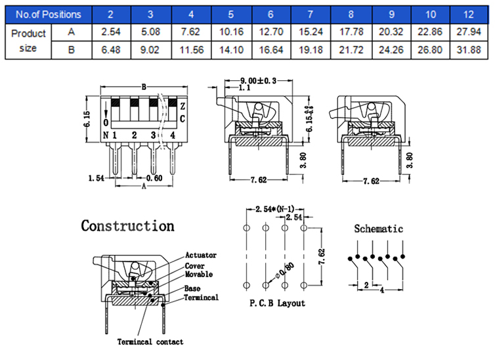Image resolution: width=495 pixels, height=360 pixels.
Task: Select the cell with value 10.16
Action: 230,32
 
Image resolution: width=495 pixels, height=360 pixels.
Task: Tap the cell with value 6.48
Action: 110,49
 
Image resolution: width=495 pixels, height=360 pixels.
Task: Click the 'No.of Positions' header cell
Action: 49,14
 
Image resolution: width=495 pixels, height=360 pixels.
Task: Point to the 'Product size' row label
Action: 29,40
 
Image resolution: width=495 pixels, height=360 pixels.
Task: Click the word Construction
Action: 127,226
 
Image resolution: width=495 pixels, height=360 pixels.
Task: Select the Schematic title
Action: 379,229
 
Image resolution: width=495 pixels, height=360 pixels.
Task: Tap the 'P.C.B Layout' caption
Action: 277,303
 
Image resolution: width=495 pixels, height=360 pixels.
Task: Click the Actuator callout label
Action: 200,255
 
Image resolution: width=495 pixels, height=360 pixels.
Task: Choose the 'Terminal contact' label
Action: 150,342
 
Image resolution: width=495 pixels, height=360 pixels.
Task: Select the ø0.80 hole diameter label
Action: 286,271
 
